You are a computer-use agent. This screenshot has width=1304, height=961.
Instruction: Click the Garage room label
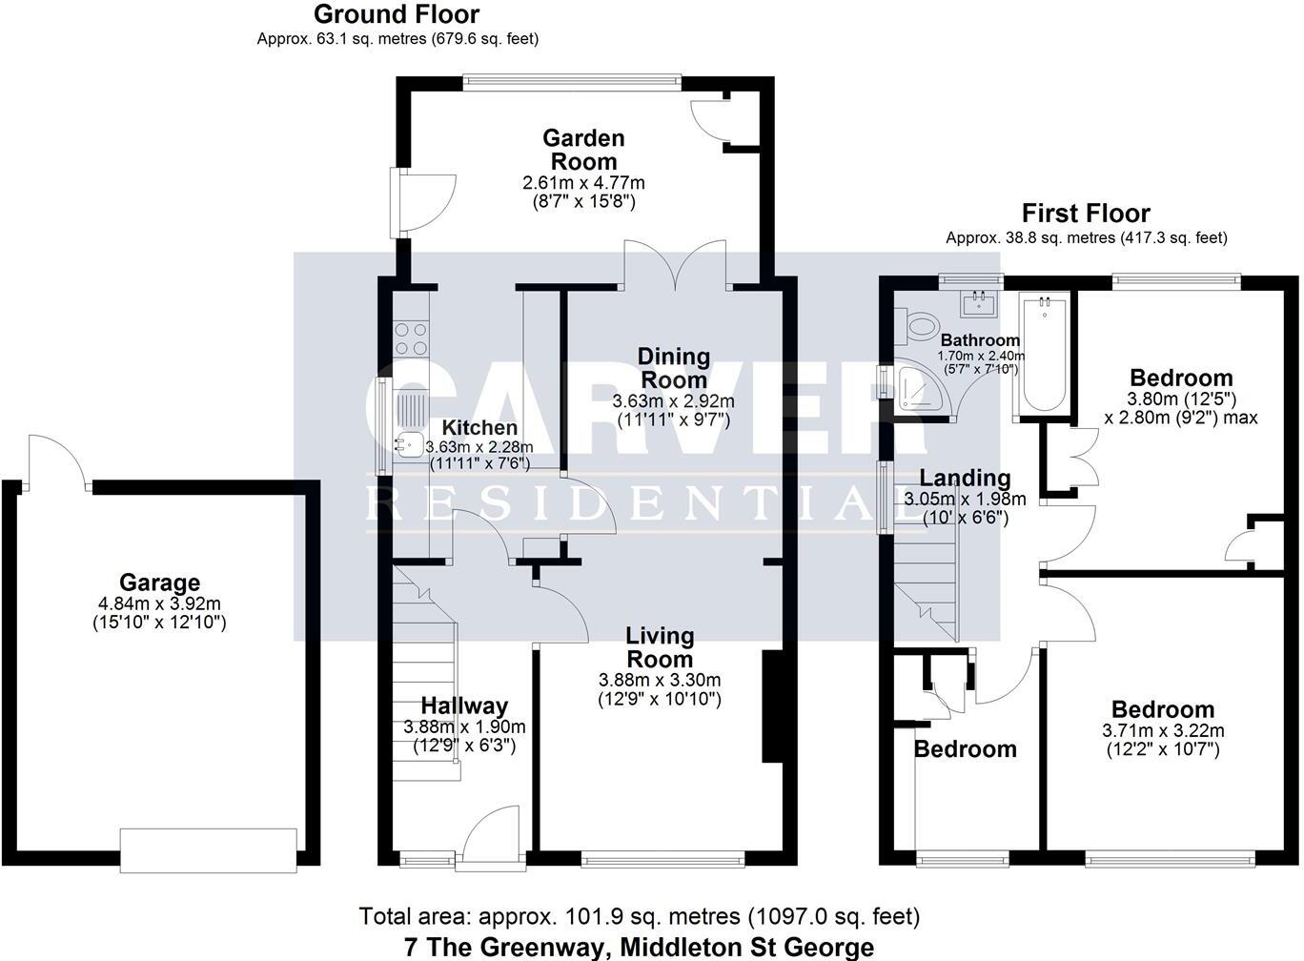(159, 582)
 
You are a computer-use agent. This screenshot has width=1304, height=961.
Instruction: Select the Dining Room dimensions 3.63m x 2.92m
(674, 400)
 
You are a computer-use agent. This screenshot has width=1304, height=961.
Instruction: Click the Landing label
(965, 478)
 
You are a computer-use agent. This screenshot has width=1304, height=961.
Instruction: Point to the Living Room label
(660, 646)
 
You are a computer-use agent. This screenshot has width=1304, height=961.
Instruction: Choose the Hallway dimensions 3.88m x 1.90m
(464, 726)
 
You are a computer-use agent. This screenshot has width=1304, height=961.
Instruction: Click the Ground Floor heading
(397, 14)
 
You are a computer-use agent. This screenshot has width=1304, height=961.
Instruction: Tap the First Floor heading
(1086, 213)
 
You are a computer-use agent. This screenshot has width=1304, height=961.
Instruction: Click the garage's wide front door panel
(209, 849)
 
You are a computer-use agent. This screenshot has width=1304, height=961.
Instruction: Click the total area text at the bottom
(639, 917)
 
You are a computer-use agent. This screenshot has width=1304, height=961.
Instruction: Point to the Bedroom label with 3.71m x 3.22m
(1163, 709)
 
